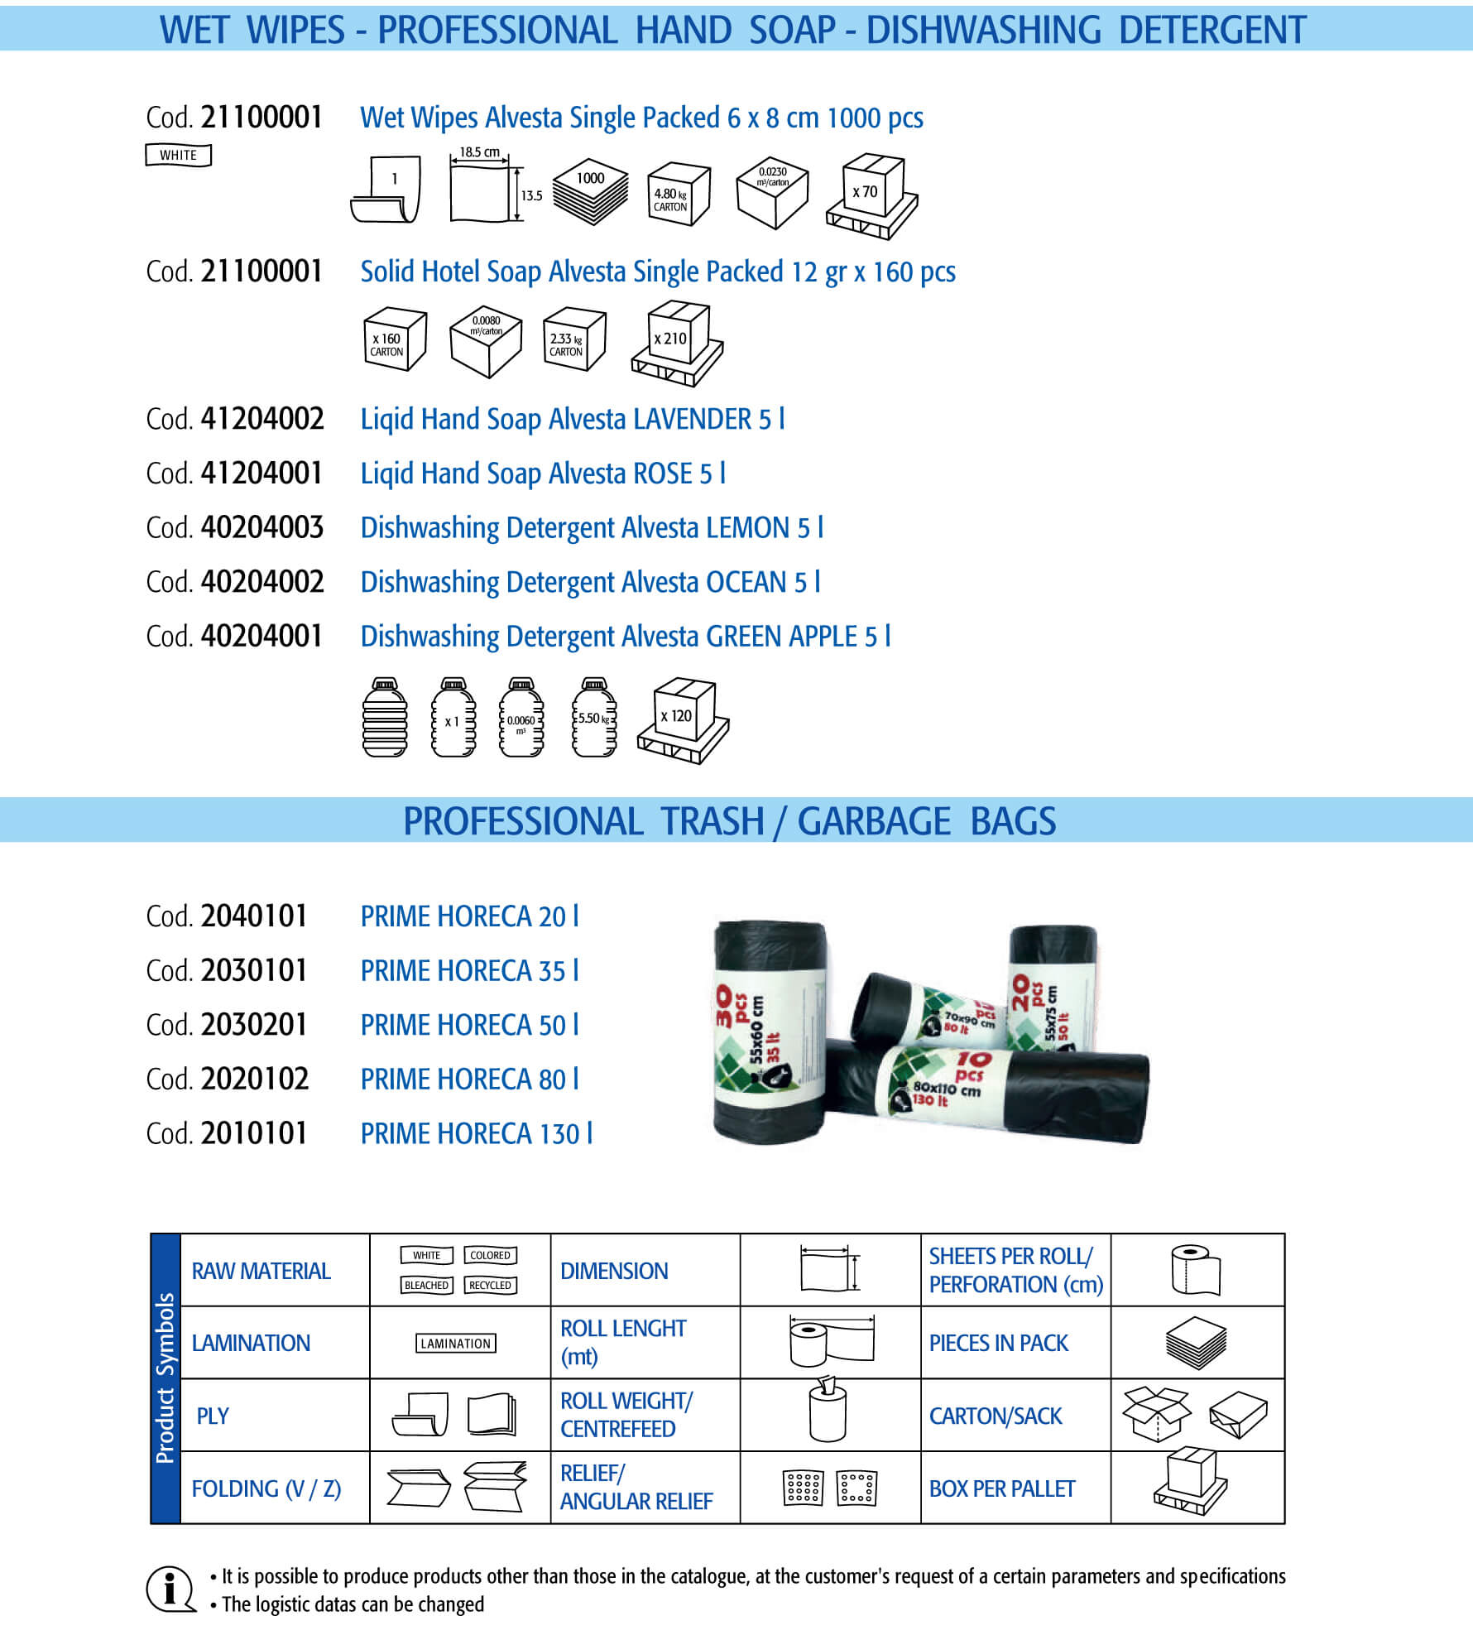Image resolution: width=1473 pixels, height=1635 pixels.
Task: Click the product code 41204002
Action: tap(262, 419)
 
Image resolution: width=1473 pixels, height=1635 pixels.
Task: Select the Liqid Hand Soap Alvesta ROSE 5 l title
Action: tap(543, 474)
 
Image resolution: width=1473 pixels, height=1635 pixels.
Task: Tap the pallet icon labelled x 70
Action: tap(872, 196)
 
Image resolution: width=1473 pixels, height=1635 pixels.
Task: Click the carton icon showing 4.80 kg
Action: tap(679, 195)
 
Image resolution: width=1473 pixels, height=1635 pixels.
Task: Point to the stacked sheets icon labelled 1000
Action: tap(590, 191)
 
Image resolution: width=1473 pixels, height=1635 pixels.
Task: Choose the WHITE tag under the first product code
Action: tap(179, 155)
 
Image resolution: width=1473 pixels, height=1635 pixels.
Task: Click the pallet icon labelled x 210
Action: tap(677, 344)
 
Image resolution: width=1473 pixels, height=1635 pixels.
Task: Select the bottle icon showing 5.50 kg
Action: tap(594, 718)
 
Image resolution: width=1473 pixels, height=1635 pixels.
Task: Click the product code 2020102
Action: tap(255, 1079)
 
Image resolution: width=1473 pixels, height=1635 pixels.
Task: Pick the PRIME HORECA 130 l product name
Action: tap(477, 1133)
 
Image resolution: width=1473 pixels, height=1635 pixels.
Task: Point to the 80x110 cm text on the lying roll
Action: tap(947, 1088)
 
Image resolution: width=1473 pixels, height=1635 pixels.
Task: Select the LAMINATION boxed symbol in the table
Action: tap(456, 1344)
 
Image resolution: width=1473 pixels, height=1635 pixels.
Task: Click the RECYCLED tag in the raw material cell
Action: tap(490, 1286)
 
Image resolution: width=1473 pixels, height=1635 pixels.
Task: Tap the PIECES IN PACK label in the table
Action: tap(999, 1344)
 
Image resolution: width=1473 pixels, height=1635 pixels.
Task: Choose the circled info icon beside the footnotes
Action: tap(170, 1589)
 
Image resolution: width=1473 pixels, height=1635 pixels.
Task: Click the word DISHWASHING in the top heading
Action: tap(983, 30)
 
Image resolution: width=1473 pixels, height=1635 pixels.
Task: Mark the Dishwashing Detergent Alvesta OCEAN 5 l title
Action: tap(591, 583)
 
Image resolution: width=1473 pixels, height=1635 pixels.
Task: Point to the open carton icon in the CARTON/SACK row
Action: tap(1156, 1414)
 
